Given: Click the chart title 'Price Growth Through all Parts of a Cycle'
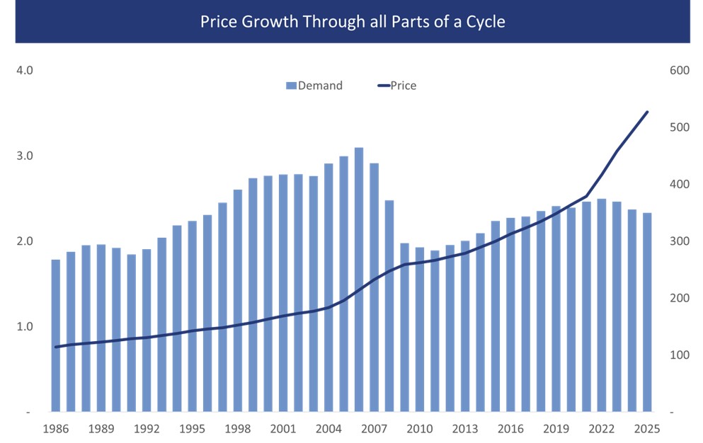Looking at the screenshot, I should [352, 21].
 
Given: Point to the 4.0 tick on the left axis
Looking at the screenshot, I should [25, 71].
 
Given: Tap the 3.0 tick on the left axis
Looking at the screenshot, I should [25, 156].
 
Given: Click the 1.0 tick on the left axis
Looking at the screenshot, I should [25, 327].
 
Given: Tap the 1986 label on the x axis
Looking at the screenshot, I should [56, 429].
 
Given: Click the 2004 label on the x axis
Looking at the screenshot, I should [328, 429].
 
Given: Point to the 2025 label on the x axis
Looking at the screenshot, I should [647, 429].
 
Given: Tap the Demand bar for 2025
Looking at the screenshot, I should [647, 312].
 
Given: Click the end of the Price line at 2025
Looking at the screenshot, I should [647, 112].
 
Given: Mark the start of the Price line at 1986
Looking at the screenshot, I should [56, 347].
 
